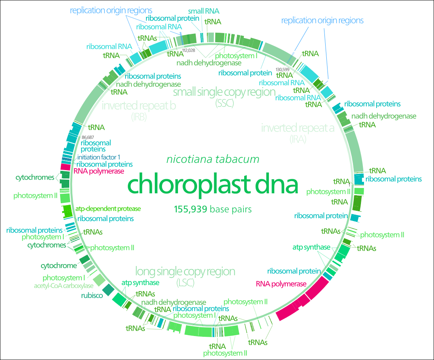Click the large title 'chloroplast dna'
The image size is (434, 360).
(212, 183)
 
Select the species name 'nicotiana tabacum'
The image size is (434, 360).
(213, 159)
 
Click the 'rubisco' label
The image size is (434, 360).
(92, 295)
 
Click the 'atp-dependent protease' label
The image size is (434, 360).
(108, 209)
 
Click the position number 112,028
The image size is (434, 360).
(189, 50)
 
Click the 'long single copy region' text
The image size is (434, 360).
(185, 271)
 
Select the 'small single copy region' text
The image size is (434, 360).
(224, 92)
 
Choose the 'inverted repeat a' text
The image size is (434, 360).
(298, 127)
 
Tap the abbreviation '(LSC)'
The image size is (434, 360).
(185, 283)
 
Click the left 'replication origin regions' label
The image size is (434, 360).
(111, 10)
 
